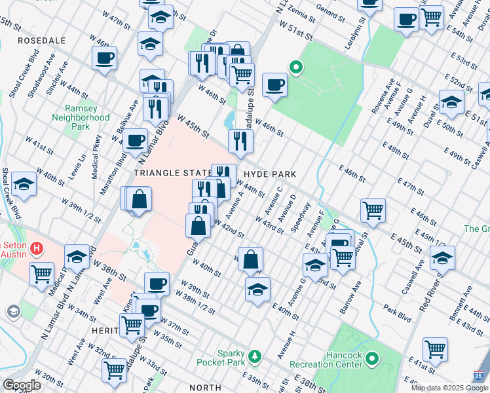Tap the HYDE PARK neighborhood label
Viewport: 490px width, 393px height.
[x=270, y=174]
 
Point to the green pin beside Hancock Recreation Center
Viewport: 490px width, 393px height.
[x=372, y=358]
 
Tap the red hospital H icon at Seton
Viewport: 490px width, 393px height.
[x=37, y=249]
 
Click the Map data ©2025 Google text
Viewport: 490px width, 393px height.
[x=449, y=388]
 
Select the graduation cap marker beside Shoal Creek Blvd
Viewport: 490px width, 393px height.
[x=24, y=185]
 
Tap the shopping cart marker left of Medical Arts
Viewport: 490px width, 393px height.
[x=42, y=272]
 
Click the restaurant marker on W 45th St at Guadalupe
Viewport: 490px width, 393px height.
[x=240, y=140]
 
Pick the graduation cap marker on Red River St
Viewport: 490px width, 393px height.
[x=443, y=258]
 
